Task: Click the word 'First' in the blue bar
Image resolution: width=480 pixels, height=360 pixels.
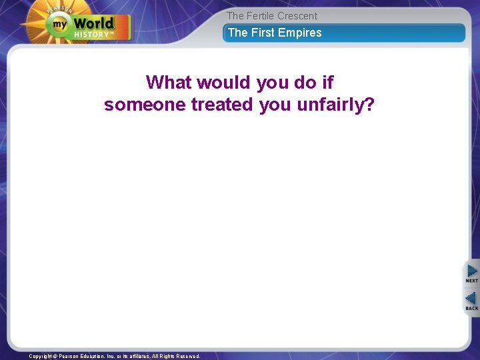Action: coord(263,33)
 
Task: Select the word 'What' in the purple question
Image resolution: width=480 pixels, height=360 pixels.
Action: coord(168,83)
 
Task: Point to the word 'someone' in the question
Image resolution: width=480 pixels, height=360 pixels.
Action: coord(145,105)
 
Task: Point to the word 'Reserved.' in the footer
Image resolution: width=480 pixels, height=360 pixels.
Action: coord(187,357)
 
